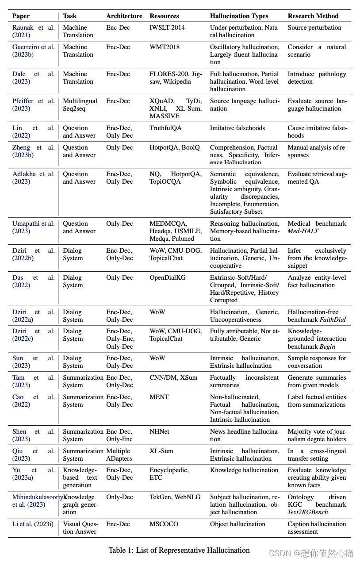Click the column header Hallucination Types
click(239, 16)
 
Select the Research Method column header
click(313, 16)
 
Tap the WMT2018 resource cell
click(165, 47)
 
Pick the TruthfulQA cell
click(165, 128)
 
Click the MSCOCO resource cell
click(164, 524)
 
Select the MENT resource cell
click(159, 397)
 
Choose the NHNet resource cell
click(160, 431)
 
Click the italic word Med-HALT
click(303, 231)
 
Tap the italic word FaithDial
click(331, 319)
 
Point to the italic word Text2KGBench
click(308, 512)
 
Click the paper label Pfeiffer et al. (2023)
click(34, 105)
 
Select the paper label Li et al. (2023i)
click(33, 524)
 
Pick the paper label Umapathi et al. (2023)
click(34, 227)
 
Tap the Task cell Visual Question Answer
click(80, 528)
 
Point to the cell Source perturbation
click(314, 27)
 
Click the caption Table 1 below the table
click(179, 550)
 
